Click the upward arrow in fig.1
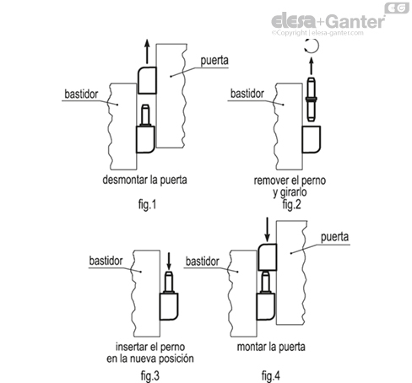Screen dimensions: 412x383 (147, 51)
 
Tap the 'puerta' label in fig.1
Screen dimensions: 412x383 (214, 61)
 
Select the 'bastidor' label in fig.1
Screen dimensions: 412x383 (81, 94)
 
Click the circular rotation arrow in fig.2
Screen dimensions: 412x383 (312, 46)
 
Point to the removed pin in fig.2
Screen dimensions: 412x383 (311, 100)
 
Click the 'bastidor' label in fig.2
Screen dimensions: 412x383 (247, 94)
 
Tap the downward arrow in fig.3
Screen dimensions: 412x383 (169, 262)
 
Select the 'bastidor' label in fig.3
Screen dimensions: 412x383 (106, 261)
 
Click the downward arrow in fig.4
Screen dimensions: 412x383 (268, 229)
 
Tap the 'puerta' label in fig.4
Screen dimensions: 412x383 (334, 237)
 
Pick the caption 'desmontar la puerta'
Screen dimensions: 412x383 (144, 180)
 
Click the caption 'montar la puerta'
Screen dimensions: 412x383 (271, 347)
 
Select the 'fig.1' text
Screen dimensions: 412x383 (147, 204)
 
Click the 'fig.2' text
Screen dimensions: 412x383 (292, 204)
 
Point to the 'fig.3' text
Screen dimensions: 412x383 (150, 375)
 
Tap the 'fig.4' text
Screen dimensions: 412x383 (271, 375)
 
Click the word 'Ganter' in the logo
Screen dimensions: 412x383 (356, 22)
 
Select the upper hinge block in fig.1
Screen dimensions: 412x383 (147, 80)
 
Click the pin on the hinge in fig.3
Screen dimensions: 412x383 (169, 283)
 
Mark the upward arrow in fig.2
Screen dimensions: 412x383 (311, 66)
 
